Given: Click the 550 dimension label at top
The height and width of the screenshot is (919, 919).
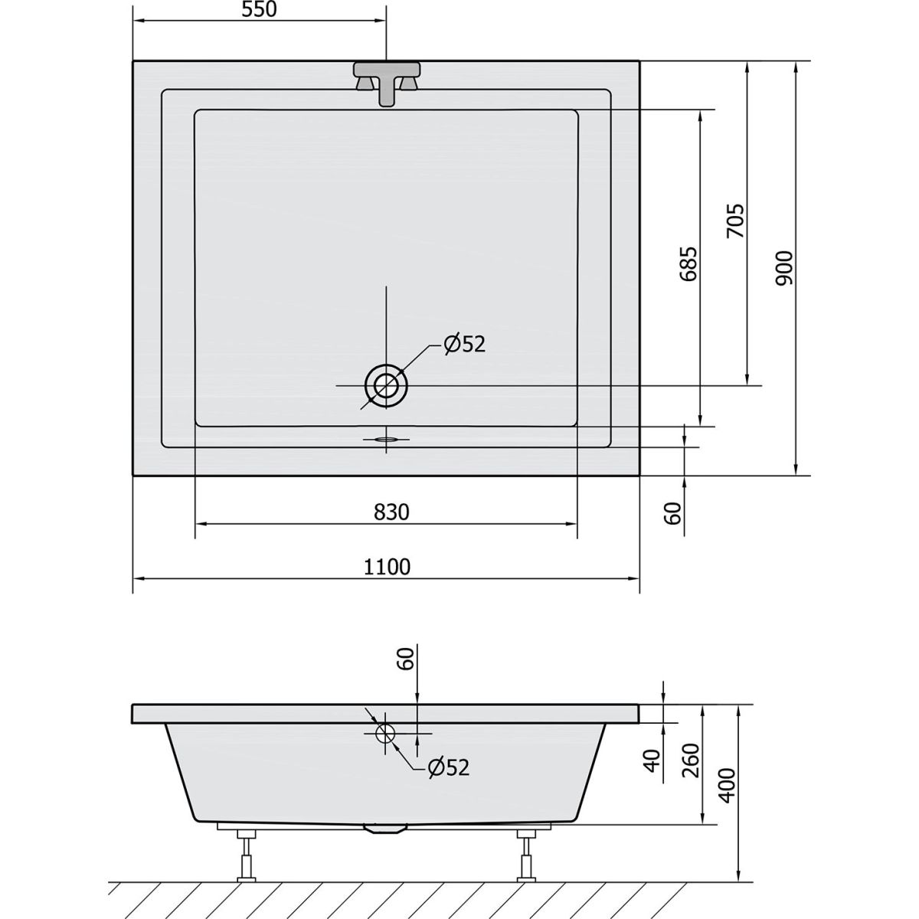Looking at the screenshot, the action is (x=259, y=9).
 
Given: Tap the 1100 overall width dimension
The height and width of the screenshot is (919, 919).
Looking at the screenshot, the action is (x=387, y=567).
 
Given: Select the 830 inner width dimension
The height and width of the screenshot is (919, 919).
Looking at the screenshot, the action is (x=391, y=512).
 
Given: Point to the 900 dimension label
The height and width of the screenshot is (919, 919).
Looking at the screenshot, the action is (x=783, y=269).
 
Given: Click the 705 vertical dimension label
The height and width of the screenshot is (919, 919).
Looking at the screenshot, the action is (x=735, y=221).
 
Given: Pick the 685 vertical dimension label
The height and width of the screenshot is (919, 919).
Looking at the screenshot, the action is (x=688, y=263).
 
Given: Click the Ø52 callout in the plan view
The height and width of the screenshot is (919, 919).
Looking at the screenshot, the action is (x=465, y=345).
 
